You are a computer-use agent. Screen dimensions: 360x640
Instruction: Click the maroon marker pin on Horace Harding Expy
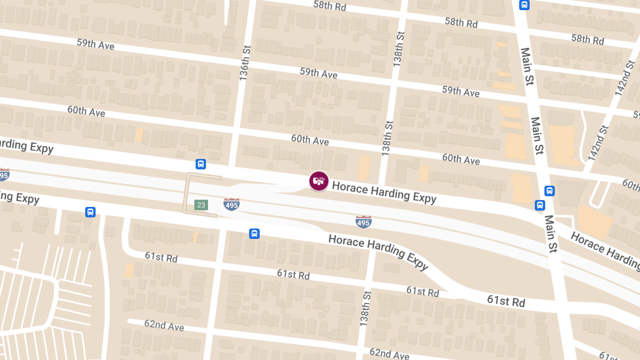pyautogui.click(x=319, y=181)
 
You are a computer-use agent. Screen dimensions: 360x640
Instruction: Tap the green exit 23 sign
pyautogui.click(x=201, y=205)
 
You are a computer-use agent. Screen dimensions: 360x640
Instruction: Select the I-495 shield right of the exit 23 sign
pyautogui.click(x=231, y=204)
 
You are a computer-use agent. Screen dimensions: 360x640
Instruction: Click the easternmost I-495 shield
pyautogui.click(x=364, y=221)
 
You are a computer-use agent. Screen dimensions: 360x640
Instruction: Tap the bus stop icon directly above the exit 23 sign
pyautogui.click(x=201, y=164)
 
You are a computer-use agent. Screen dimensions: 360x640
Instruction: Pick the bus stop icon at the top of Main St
pyautogui.click(x=524, y=5)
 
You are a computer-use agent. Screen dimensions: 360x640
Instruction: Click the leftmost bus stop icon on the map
pyautogui.click(x=91, y=212)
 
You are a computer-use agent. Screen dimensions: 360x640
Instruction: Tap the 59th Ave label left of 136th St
pyautogui.click(x=95, y=44)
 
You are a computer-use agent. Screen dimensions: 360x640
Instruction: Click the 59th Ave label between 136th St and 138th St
pyautogui.click(x=318, y=73)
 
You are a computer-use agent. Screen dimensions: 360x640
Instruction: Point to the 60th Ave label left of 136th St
pyautogui.click(x=86, y=111)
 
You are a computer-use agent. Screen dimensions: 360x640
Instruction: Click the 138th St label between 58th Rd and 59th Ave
pyautogui.click(x=398, y=49)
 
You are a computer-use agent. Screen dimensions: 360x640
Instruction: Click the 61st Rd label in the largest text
pyautogui.click(x=506, y=300)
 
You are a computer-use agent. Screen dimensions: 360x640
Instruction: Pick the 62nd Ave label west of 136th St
pyautogui.click(x=164, y=325)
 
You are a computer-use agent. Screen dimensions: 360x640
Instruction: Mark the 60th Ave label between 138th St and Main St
pyautogui.click(x=461, y=158)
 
